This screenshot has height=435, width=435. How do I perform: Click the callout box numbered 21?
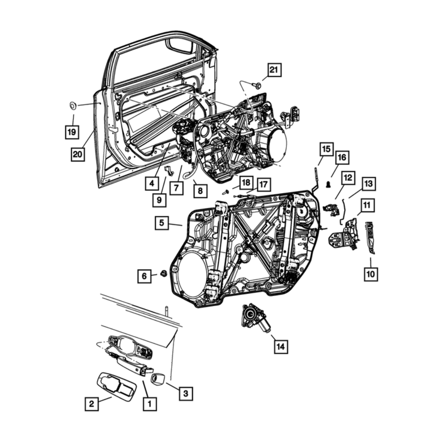point(274,69)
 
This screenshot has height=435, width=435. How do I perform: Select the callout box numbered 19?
point(72,132)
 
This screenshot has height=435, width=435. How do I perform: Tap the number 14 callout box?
point(281,346)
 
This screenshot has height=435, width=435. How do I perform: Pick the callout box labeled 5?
point(162,223)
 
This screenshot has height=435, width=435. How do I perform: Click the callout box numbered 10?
point(371,274)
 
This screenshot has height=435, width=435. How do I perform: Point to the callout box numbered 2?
point(92,404)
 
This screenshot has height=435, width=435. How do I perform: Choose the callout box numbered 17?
point(264,184)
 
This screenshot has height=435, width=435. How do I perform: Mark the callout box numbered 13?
point(368,184)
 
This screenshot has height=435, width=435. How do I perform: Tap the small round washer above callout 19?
point(73,106)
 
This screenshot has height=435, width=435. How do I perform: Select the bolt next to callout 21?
point(256,85)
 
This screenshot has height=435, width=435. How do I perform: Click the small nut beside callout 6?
point(164,273)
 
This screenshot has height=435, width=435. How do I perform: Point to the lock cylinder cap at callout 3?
point(158,379)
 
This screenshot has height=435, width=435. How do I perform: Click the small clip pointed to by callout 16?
point(329,184)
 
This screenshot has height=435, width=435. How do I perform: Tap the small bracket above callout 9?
point(169,171)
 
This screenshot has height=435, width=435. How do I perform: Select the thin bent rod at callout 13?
point(342,211)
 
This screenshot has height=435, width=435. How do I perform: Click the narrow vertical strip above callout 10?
point(370,237)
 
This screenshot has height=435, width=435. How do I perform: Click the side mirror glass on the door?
point(180,46)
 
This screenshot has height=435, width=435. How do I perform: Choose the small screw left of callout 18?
point(226,191)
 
